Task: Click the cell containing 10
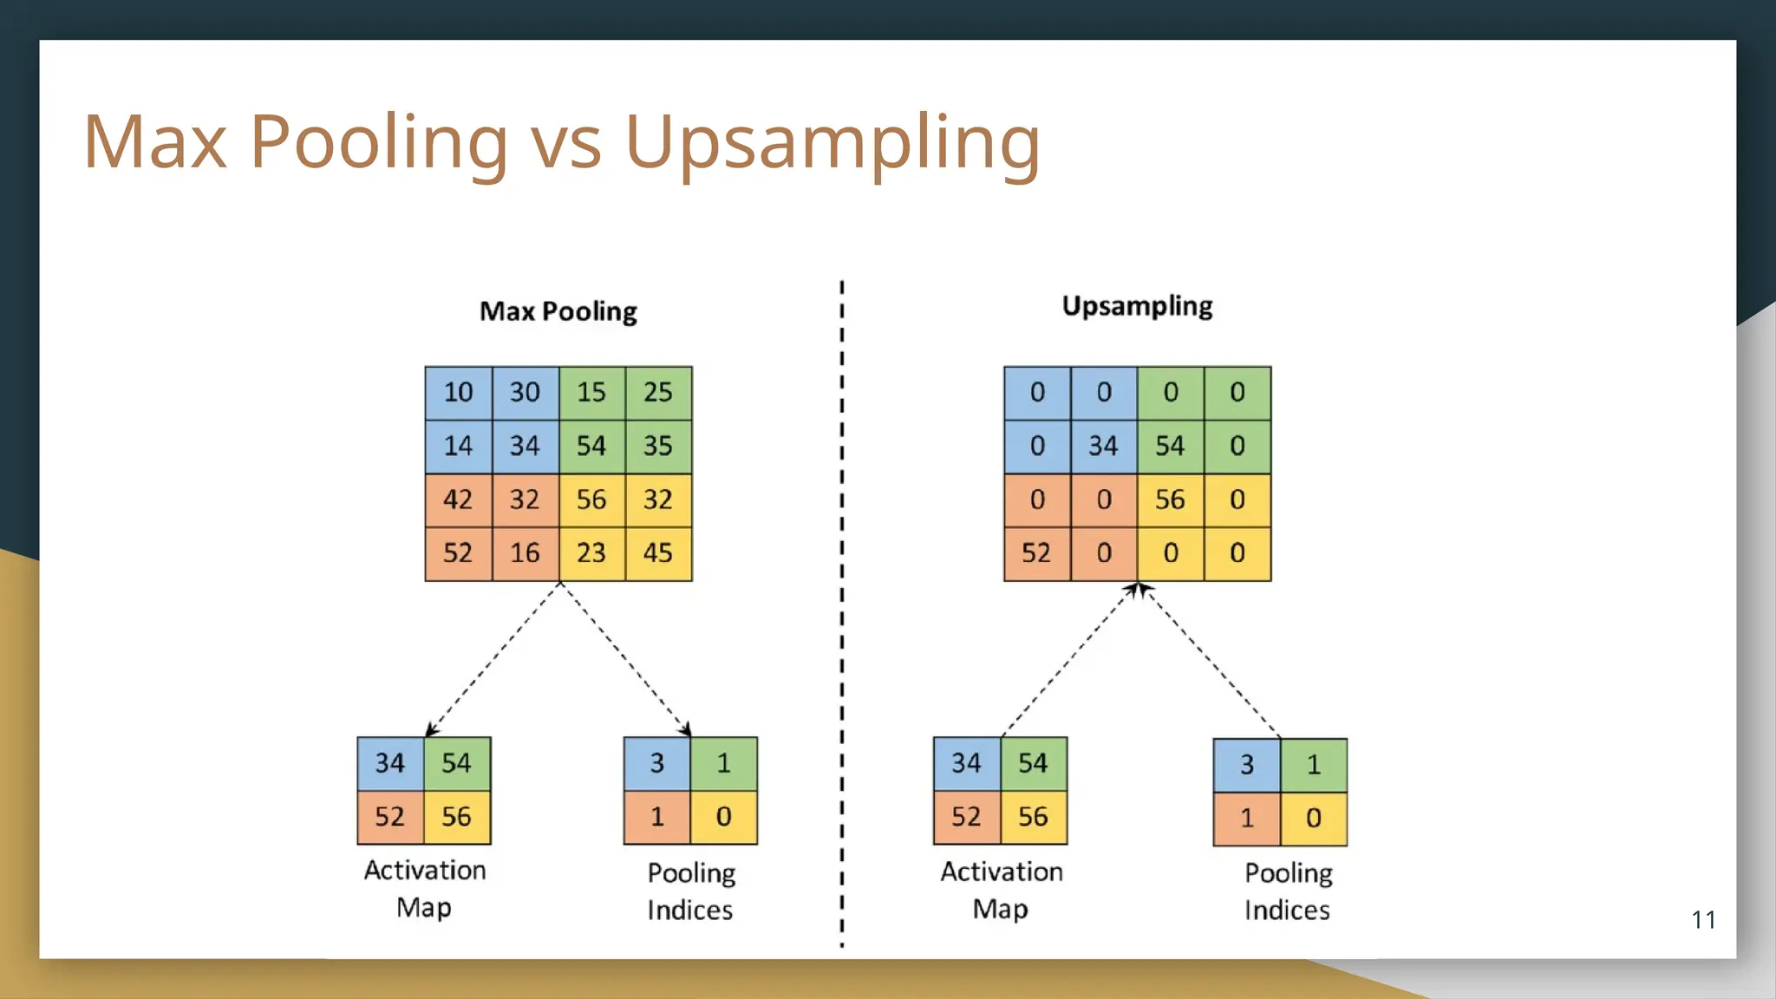[458, 393]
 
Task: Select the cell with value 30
[525, 393]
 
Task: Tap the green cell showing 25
[658, 393]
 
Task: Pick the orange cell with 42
[458, 499]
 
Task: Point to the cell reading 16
[525, 553]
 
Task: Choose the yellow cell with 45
[658, 553]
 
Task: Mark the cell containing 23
[591, 553]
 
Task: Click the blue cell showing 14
[458, 447]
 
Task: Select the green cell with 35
[658, 447]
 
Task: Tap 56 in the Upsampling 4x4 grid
[1170, 499]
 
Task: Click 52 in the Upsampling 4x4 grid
[1036, 553]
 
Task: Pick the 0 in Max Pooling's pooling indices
[724, 817]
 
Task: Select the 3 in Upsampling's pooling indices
[1246, 765]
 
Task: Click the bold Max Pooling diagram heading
[558, 311]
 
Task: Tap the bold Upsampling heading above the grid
[1137, 306]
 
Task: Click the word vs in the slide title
[566, 141]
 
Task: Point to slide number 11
[1703, 920]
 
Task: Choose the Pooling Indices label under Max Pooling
[690, 891]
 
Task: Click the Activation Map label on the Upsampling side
[1002, 890]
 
